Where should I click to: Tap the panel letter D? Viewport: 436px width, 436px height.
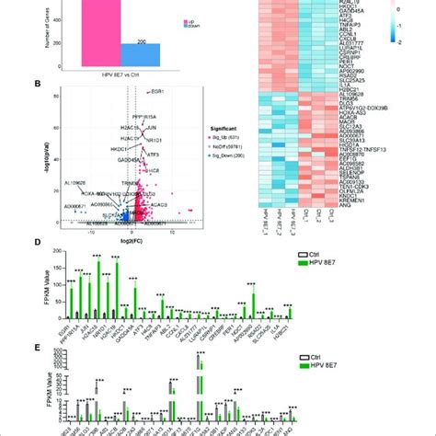pos(36,244)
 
